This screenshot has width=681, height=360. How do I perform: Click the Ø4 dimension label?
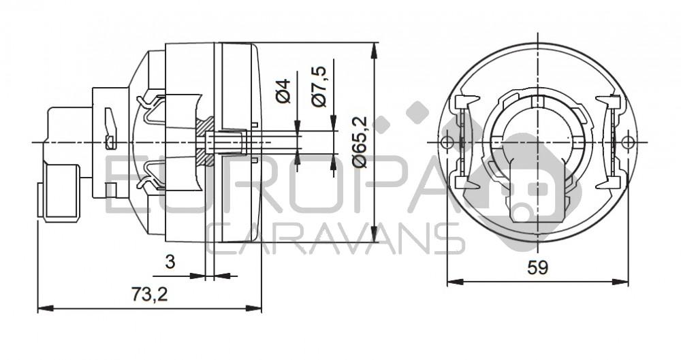[x=284, y=91]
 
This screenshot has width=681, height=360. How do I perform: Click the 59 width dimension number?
[x=537, y=267]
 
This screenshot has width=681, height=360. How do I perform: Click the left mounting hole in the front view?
[x=446, y=142]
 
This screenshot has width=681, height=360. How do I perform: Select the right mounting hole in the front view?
[x=628, y=142]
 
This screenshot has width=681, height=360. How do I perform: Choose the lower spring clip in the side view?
[x=153, y=178]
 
